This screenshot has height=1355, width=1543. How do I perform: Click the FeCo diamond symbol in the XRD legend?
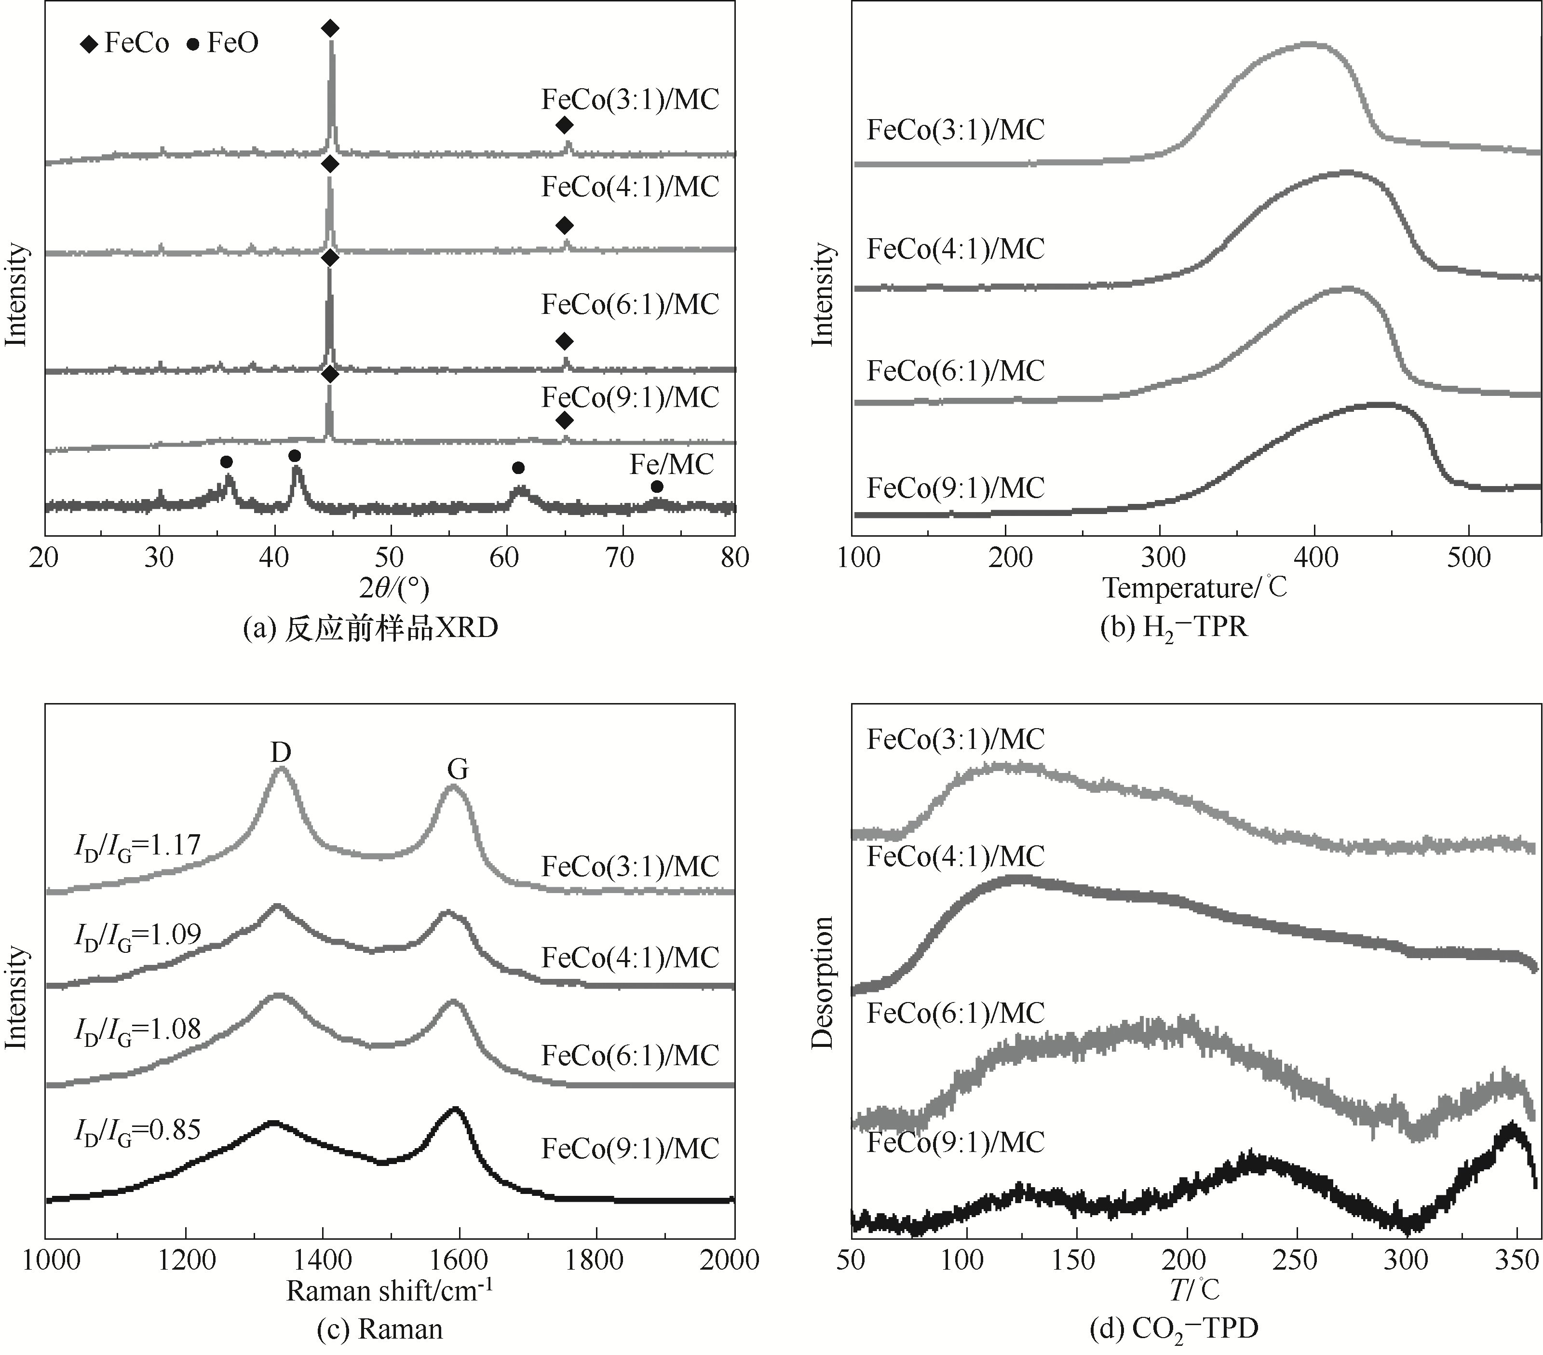pos(90,44)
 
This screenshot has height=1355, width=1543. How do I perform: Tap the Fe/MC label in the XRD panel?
pos(672,464)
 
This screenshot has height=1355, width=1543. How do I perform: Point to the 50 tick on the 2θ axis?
pos(390,558)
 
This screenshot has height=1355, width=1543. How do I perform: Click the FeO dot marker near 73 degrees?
pos(657,487)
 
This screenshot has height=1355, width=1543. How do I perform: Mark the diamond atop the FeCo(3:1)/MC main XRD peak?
pos(330,28)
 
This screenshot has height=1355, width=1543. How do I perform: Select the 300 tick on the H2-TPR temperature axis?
pos(1161,558)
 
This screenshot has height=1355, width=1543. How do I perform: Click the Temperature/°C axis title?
pos(1195,587)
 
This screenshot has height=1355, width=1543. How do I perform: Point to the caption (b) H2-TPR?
pos(1174,627)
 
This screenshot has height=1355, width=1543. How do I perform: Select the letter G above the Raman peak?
pos(458,769)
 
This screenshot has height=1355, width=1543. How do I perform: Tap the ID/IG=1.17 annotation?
pos(137,845)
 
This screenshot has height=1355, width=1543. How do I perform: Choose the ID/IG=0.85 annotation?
pos(137,1130)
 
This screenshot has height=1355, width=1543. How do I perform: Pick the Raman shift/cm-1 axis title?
pos(390,1291)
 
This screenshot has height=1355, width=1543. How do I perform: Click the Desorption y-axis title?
pos(822,983)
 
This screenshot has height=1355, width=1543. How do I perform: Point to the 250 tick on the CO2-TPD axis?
pos(1296,1260)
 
